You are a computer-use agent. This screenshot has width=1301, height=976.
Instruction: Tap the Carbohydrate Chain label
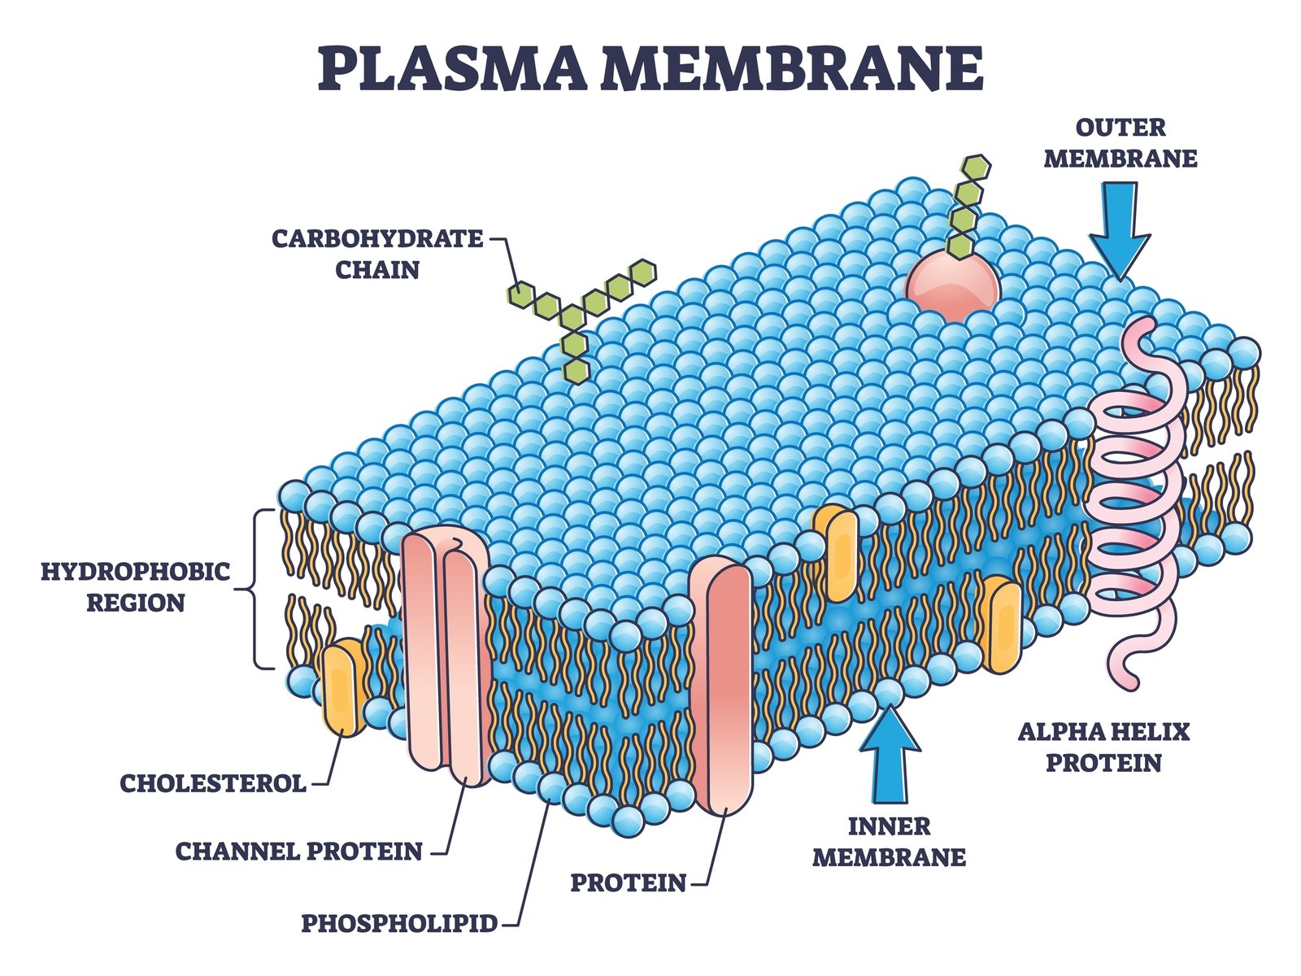[377, 254]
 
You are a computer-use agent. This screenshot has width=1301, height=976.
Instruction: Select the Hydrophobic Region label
[136, 586]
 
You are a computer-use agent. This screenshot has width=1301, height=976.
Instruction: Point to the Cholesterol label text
[213, 783]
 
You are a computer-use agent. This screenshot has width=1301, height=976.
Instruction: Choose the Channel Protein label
[299, 852]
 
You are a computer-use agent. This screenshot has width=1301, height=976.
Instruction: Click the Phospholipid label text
[399, 923]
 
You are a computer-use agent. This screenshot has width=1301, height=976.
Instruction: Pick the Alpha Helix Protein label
[1103, 747]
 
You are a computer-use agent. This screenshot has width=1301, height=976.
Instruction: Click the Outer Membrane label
[1120, 142]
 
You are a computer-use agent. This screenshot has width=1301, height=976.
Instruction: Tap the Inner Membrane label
[890, 842]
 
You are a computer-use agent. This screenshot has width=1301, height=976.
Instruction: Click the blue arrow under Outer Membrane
[1120, 231]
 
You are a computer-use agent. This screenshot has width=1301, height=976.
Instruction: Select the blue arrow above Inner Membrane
[890, 755]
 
